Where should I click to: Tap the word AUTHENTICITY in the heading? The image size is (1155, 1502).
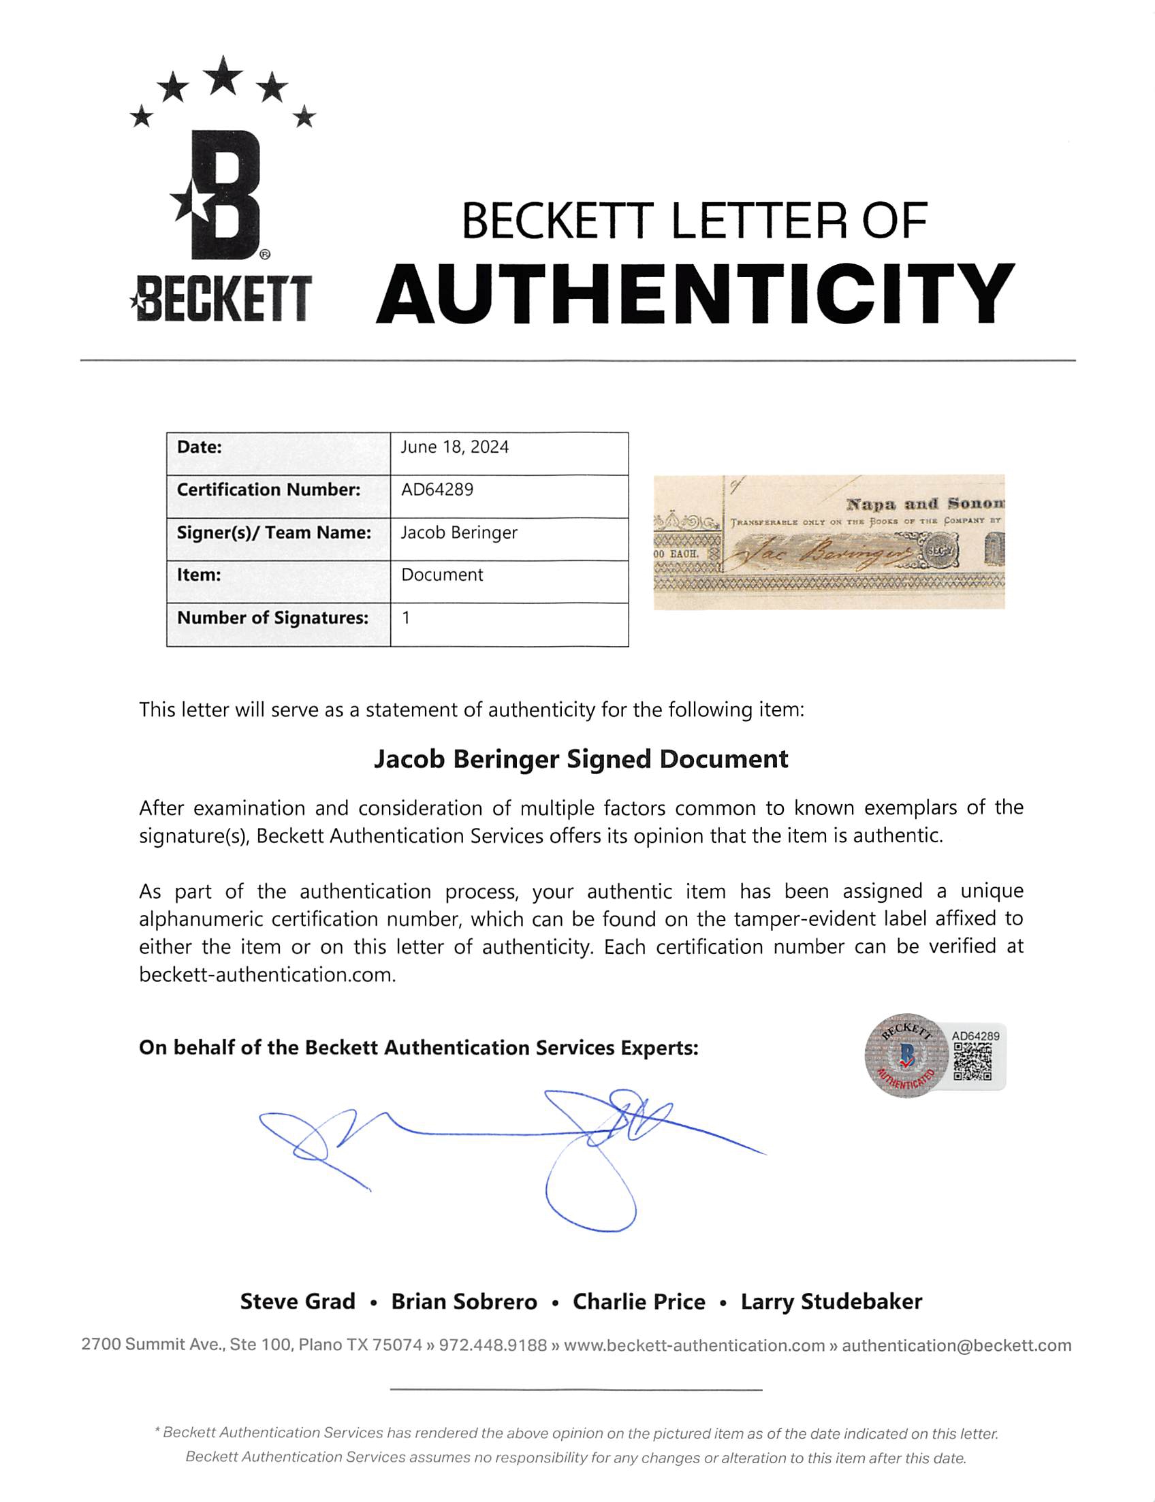(x=695, y=295)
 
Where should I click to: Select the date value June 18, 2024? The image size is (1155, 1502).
(x=454, y=447)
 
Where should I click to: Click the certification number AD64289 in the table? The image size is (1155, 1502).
(x=437, y=490)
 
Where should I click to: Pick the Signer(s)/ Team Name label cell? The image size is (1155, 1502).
(x=274, y=532)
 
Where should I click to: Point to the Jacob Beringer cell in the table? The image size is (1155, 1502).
(x=458, y=532)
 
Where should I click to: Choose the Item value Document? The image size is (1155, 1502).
(x=442, y=575)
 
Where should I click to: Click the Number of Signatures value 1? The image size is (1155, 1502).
(x=407, y=618)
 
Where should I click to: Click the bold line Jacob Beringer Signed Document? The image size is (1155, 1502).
(x=581, y=760)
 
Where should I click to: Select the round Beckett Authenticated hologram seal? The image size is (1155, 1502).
(x=906, y=1056)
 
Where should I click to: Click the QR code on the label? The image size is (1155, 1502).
(x=972, y=1062)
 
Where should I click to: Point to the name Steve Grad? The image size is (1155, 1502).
(x=298, y=1302)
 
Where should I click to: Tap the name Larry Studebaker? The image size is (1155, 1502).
(x=832, y=1302)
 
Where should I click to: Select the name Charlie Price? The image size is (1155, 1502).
(x=639, y=1302)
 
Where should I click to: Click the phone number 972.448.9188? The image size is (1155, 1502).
(x=493, y=1345)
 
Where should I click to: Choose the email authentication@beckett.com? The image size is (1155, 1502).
(x=956, y=1345)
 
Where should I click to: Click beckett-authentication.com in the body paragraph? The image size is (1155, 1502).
(x=267, y=975)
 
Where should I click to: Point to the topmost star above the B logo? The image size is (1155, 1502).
(x=223, y=75)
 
